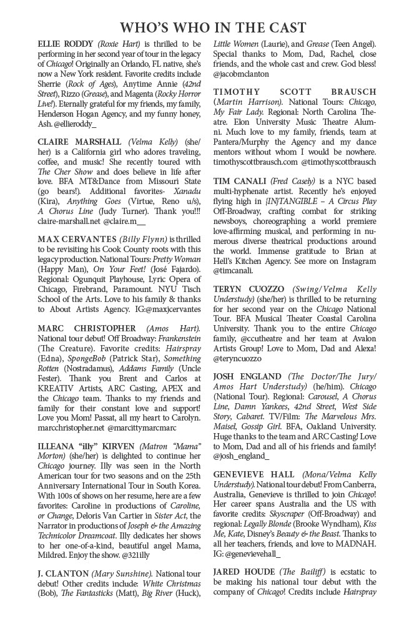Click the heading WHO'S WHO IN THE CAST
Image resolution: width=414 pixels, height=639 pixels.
pos(213,27)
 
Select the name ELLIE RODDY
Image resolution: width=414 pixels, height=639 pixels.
pos(65,44)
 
